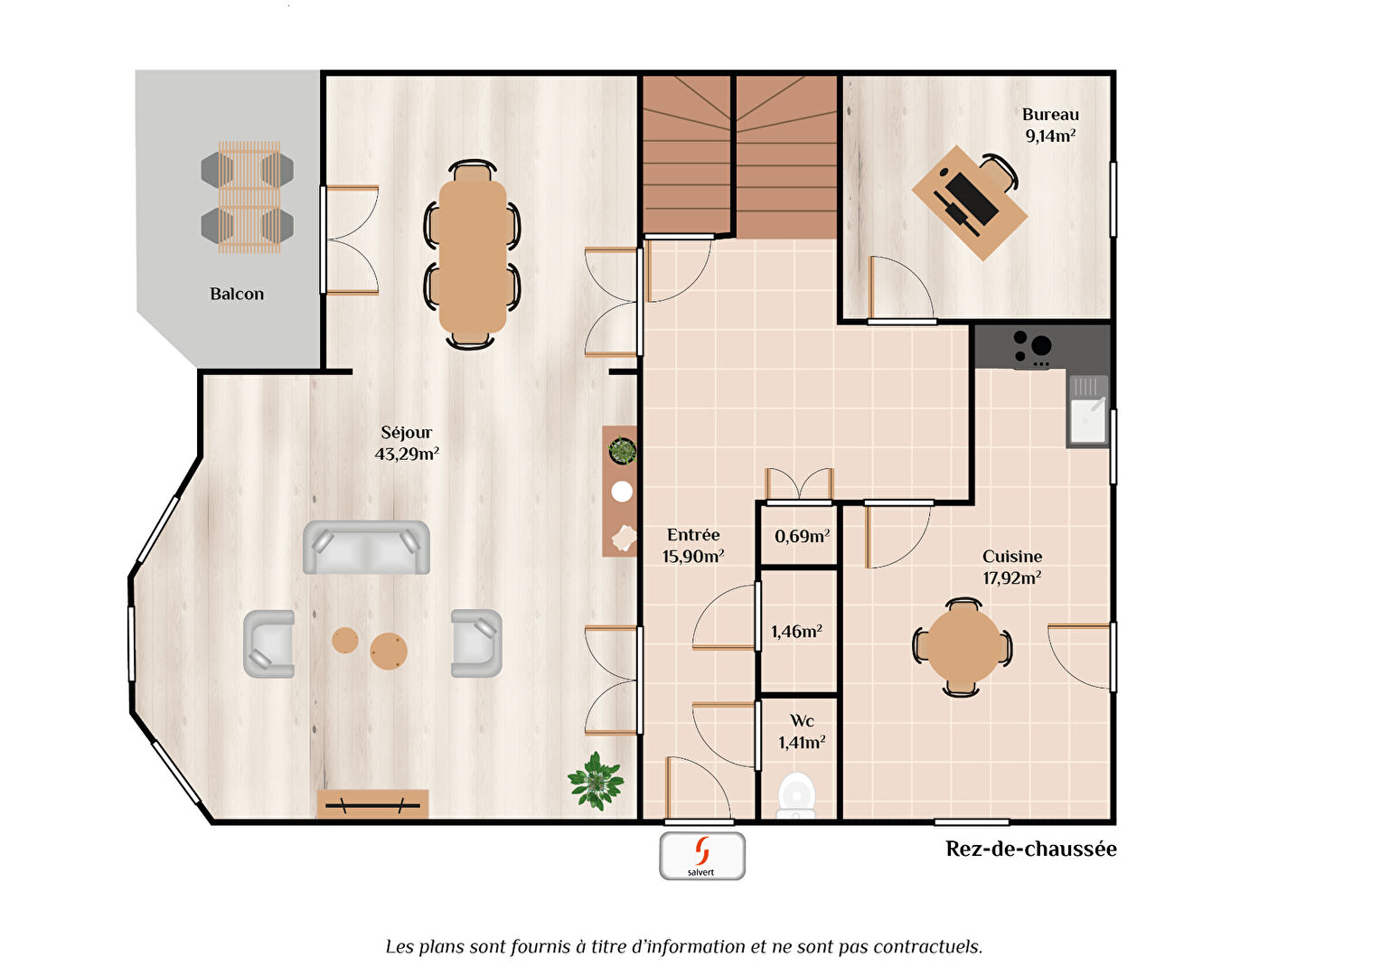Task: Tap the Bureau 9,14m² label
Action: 1049,126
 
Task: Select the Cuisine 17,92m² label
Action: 1011,568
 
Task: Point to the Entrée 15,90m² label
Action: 693,546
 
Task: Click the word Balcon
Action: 237,295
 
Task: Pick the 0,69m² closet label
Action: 802,537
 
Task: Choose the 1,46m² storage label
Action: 796,633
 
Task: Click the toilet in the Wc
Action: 796,795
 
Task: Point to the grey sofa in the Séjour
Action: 366,548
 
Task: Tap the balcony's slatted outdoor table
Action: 249,196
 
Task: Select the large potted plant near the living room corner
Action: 596,780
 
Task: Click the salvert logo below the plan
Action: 702,856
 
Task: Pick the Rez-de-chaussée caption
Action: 1030,849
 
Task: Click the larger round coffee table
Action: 389,651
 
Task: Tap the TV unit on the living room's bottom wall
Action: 372,804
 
